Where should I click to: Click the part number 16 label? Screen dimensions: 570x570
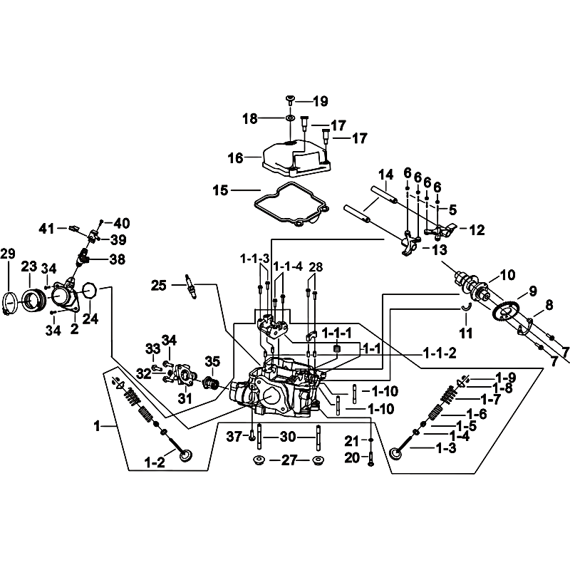pyautogui.click(x=235, y=157)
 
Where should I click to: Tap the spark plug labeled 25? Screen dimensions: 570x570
pyautogui.click(x=191, y=286)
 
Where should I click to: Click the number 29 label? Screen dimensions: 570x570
pyautogui.click(x=8, y=254)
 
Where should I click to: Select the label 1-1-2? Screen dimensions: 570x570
pyautogui.click(x=440, y=353)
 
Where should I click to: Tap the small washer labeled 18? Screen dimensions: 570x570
pyautogui.click(x=290, y=118)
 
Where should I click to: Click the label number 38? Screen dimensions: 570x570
pyautogui.click(x=117, y=259)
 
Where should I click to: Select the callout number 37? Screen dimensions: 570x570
pyautogui.click(x=234, y=436)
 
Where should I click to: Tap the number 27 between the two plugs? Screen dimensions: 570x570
pyautogui.click(x=289, y=460)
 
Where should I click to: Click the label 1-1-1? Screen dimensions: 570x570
pyautogui.click(x=336, y=333)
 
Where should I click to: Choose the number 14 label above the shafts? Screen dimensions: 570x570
pyautogui.click(x=385, y=175)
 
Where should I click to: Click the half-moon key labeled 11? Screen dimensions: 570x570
pyautogui.click(x=466, y=309)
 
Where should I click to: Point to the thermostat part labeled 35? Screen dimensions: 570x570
pyautogui.click(x=211, y=383)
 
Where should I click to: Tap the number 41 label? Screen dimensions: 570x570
pyautogui.click(x=47, y=229)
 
